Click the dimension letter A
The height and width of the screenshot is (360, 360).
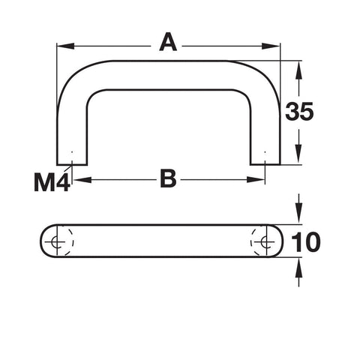[168, 43]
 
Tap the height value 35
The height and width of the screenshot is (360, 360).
[299, 112]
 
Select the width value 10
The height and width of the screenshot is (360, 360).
[306, 242]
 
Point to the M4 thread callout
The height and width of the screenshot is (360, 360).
[52, 183]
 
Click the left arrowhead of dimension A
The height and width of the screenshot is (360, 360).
[66, 46]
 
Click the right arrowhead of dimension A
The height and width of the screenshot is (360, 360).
[271, 46]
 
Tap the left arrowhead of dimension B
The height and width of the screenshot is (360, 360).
[82, 179]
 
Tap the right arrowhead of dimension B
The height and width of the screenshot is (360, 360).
[256, 179]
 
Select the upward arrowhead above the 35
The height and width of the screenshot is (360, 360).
[298, 70]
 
